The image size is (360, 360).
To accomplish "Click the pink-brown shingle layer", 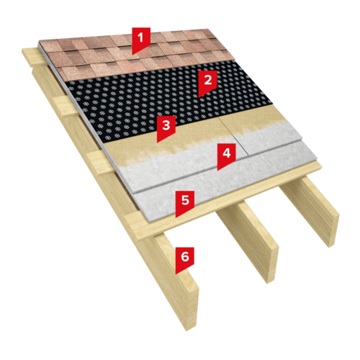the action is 137,55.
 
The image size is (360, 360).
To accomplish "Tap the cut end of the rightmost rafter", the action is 333,230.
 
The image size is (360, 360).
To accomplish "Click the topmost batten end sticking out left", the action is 31,58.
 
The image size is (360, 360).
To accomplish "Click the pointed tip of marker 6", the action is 176,274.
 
